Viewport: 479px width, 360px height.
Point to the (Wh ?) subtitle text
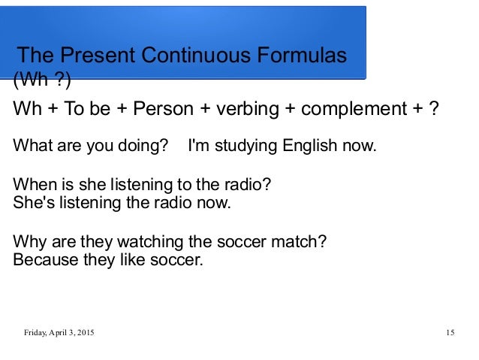[43, 78]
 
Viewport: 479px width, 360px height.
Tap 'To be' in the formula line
[83, 110]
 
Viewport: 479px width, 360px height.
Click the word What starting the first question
[30, 145]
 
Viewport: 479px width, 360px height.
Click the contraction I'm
[197, 145]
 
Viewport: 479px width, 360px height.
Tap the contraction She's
[32, 202]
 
